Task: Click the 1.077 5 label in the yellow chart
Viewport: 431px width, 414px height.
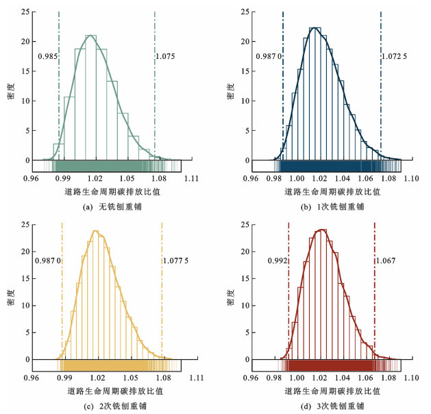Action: (x=176, y=260)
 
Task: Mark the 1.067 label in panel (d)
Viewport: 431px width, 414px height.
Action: (x=386, y=260)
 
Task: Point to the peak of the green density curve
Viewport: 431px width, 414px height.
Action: (x=90, y=35)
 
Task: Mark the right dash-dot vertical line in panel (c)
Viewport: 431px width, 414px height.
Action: (x=162, y=295)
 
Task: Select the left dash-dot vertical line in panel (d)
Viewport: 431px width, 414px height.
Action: (x=288, y=295)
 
